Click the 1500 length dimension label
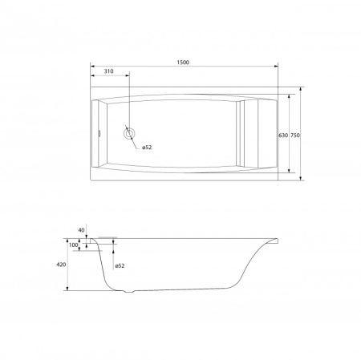[183, 63]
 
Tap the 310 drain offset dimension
[108, 71]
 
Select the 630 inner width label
[283, 136]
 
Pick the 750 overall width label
[295, 136]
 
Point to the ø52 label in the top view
[147, 148]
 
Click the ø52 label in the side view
[120, 265]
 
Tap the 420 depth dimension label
[61, 265]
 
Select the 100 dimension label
[74, 245]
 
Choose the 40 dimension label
[81, 230]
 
